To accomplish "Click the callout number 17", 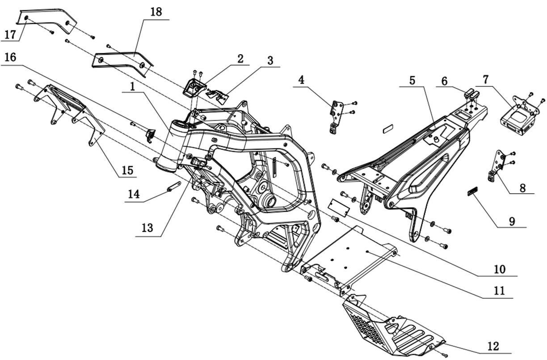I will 10,34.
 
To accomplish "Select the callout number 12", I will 493,346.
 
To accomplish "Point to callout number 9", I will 512,220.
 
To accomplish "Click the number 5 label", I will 412,81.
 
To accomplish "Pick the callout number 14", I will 134,194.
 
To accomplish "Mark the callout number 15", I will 128,170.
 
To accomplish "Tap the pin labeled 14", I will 174,186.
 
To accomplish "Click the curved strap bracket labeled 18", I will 121,60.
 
